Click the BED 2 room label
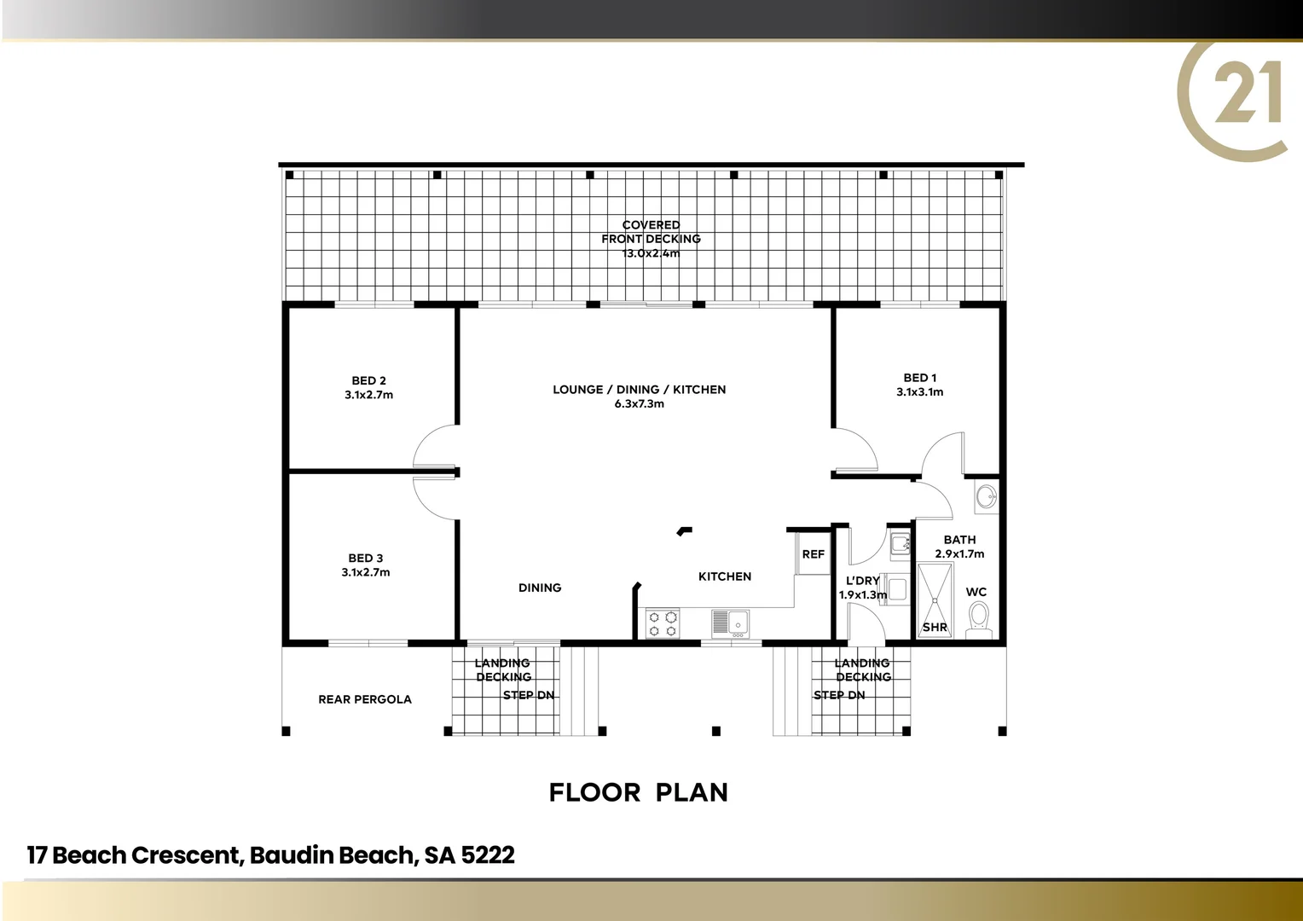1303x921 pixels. [368, 381]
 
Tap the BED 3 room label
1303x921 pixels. [365, 559]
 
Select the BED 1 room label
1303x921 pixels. [920, 378]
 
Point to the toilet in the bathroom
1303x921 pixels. [979, 619]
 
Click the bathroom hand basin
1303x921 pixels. [986, 496]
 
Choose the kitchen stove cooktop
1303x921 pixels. [663, 623]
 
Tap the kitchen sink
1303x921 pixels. [730, 623]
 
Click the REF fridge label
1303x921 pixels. [814, 554]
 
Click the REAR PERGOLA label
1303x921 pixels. [365, 699]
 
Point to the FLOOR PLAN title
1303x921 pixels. [639, 792]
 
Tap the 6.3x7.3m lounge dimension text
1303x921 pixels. [640, 404]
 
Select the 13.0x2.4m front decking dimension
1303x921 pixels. [651, 253]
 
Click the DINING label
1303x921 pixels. [540, 588]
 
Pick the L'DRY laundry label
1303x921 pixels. [862, 581]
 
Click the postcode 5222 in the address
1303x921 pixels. [488, 855]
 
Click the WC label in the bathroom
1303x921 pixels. [976, 592]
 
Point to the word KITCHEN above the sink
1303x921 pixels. [725, 576]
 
